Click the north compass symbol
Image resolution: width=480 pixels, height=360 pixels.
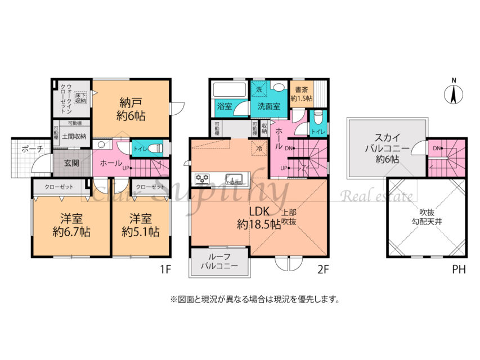point(454,92)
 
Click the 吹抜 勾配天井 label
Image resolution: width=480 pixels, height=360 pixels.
point(427,217)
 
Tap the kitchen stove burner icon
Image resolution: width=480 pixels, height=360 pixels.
point(203,179)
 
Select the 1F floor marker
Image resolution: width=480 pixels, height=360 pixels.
point(165,269)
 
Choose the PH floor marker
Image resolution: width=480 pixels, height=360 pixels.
point(459,269)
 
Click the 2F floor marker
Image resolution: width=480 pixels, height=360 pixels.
point(321,269)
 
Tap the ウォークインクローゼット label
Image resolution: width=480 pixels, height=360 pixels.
point(69,98)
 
